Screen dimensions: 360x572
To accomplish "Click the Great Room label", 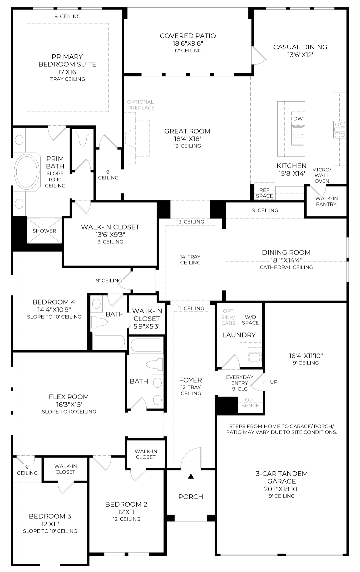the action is pyautogui.click(x=187, y=131).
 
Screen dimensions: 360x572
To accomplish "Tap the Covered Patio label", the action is pyautogui.click(x=188, y=36).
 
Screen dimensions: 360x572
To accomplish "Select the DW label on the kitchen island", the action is pyautogui.click(x=298, y=119).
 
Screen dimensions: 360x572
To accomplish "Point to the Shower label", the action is pyautogui.click(x=44, y=231).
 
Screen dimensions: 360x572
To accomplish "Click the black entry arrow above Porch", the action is pyautogui.click(x=191, y=476).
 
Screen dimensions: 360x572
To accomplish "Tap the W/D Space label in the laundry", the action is pyautogui.click(x=250, y=320).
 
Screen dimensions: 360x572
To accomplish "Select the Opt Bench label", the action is pyautogui.click(x=250, y=403).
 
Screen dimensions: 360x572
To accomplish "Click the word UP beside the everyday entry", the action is pyautogui.click(x=274, y=382).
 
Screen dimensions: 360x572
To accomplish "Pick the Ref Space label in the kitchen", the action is pyautogui.click(x=264, y=193).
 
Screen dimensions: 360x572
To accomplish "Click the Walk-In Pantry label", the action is pyautogui.click(x=326, y=201).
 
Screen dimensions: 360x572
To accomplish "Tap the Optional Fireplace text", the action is pyautogui.click(x=140, y=105).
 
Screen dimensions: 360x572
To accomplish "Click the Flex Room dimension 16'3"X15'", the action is pyautogui.click(x=69, y=404).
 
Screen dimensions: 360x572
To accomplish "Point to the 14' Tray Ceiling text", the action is pyautogui.click(x=190, y=259).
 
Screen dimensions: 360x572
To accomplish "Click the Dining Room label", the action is pyautogui.click(x=286, y=252).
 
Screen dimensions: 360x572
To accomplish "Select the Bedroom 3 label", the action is pyautogui.click(x=50, y=516).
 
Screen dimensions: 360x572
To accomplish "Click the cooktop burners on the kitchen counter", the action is pyautogui.click(x=340, y=130).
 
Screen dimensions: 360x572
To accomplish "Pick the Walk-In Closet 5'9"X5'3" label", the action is pyautogui.click(x=147, y=319).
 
